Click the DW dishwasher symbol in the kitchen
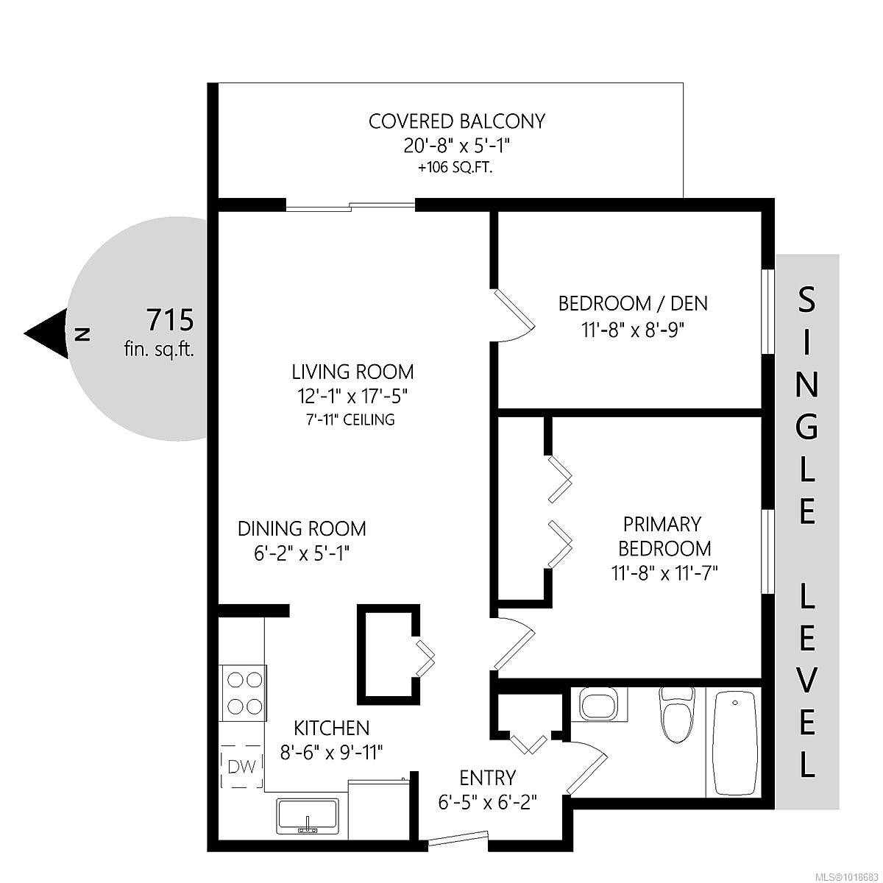coord(241,767)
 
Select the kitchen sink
coord(308,816)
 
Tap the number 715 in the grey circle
coord(170,320)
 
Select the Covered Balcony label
coord(456,121)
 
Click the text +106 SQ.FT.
coord(455,168)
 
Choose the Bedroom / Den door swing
coord(514,316)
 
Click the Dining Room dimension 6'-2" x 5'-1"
coord(301,553)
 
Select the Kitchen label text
coord(331,728)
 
